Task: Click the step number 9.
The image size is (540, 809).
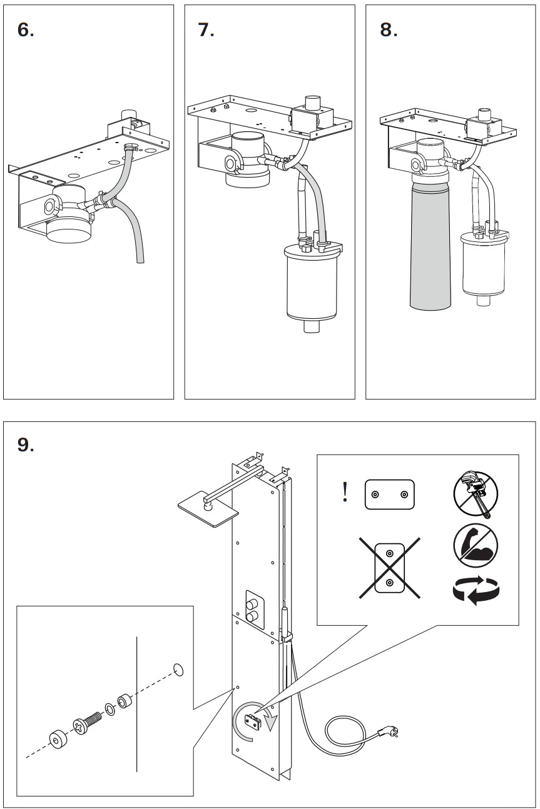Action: [x=26, y=446]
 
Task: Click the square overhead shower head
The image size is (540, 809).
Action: [x=208, y=506]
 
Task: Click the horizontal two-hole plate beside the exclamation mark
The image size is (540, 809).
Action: [x=390, y=495]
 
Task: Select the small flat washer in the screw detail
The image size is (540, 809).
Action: [x=110, y=708]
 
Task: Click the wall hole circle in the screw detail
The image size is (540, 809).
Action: [x=178, y=670]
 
